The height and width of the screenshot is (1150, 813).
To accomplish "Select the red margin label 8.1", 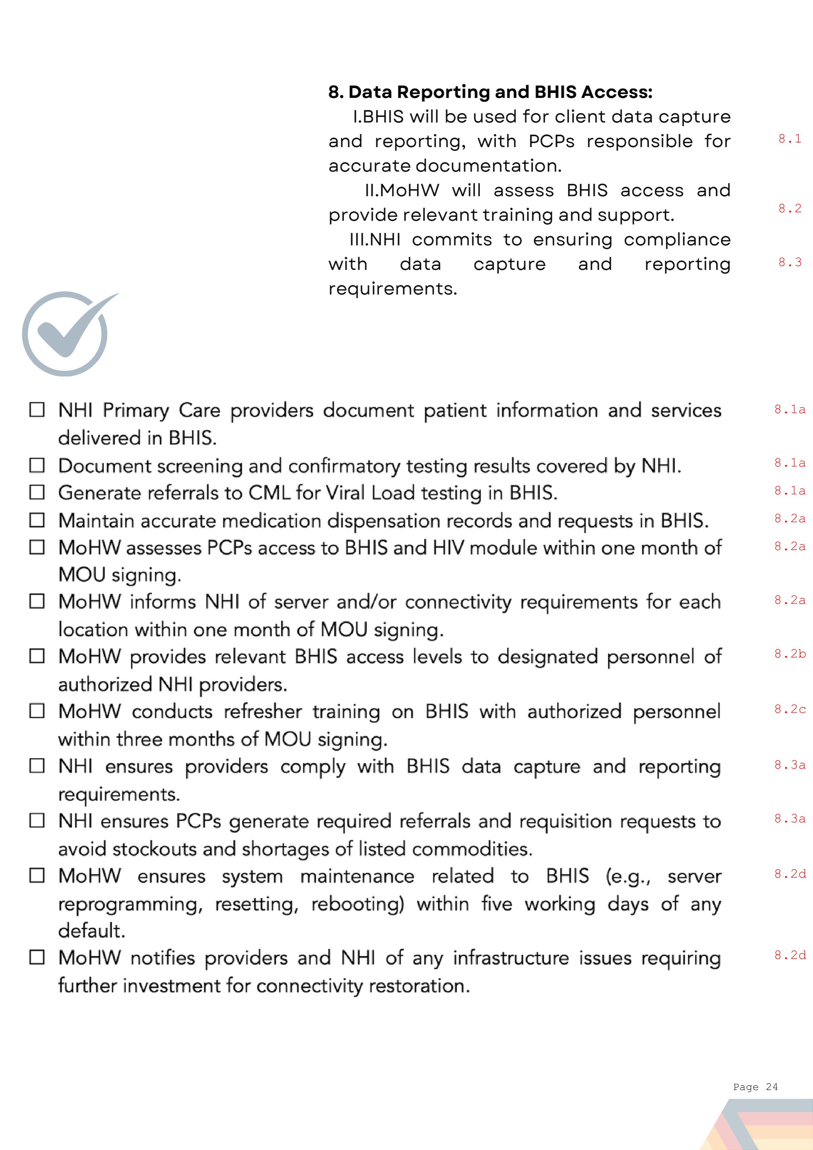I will click(x=789, y=139).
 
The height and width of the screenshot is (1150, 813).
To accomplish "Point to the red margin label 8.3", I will click(x=789, y=262).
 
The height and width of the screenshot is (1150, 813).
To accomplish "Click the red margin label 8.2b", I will click(x=789, y=653).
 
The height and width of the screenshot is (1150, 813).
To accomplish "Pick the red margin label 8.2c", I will click(x=789, y=709).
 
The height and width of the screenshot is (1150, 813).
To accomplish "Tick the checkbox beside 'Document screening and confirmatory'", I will click(x=37, y=465).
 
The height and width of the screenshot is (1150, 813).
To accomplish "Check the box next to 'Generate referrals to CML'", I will click(x=37, y=492).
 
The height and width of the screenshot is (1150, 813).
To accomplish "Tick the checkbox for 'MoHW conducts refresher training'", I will click(x=37, y=711).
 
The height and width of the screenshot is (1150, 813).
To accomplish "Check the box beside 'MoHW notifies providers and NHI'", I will click(x=37, y=957).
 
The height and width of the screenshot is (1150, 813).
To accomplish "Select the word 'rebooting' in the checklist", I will click(x=357, y=904).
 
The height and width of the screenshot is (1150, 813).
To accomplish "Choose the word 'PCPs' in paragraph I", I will click(x=551, y=141).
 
